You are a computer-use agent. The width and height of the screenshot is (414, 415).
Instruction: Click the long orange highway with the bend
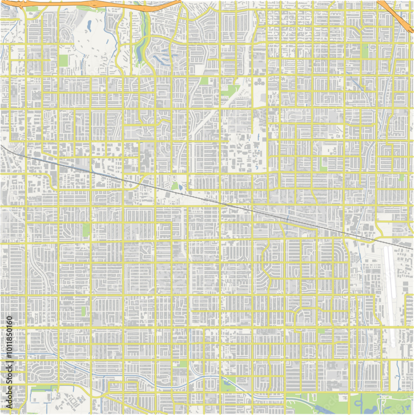pyautogui.click(x=91, y=5)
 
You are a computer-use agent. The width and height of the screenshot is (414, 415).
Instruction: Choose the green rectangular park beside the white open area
pyautogui.click(x=63, y=61)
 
